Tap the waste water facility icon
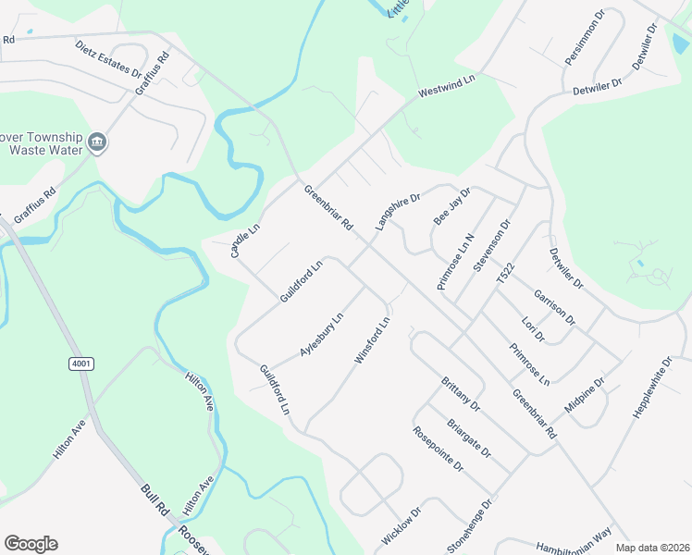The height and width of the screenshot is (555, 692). pos(98,142)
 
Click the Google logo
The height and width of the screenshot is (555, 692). pos(31,544)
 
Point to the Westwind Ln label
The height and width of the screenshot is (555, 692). pos(446,87)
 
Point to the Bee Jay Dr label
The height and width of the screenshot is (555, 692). pos(452,206)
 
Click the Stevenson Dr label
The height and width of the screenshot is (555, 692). pos(491,245)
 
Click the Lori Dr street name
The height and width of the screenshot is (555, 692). pos(533,329)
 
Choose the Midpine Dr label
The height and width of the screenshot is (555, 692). pos(585,395)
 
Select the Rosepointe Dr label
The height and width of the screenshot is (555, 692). pos(438,449)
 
